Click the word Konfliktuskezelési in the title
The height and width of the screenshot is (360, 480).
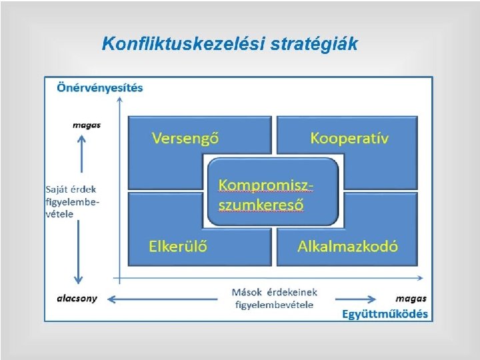point(183,45)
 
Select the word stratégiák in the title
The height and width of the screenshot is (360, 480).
point(314,45)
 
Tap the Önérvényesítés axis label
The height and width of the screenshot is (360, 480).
point(100,87)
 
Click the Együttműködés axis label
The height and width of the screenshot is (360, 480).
point(385,313)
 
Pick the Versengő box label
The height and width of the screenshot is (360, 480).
point(186,138)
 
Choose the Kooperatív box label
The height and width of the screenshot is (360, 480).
point(349,138)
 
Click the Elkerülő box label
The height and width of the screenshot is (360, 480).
point(178,245)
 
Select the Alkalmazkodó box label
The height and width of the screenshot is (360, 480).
point(347,245)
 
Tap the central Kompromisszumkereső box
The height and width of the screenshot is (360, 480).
point(267,193)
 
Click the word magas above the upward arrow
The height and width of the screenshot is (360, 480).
point(87,125)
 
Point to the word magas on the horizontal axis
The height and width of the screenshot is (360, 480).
point(411,298)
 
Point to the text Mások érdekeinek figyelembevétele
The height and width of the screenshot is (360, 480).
point(274,298)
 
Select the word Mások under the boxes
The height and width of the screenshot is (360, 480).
point(247,292)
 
